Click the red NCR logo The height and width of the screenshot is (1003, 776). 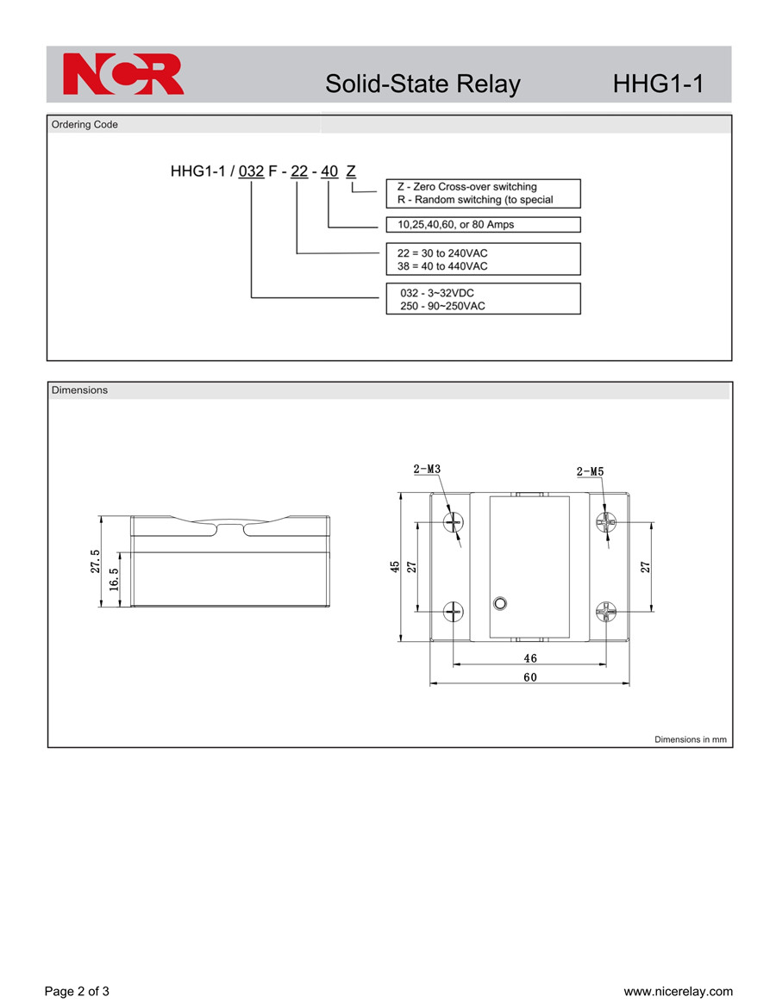123,73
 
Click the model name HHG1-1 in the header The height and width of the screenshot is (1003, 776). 658,84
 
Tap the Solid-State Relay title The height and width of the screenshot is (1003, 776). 422,84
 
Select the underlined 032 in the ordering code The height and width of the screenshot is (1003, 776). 251,171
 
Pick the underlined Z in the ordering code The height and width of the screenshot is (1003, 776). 351,171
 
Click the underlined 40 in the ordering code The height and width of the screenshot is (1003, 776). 329,171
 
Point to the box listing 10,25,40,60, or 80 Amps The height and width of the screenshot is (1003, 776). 484,225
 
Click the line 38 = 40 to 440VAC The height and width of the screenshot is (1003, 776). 442,266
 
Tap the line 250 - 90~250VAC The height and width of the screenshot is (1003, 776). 442,306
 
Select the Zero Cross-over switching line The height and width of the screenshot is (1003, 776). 466,187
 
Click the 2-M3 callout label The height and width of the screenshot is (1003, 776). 427,469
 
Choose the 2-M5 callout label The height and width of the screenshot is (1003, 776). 590,471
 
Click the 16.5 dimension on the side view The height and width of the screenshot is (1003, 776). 114,580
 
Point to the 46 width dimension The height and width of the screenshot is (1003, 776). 530,658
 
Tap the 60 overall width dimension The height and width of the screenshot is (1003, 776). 530,677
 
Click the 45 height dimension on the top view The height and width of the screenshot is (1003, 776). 395,567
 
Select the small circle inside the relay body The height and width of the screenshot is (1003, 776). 501,602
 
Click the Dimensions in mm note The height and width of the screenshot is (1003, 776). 690,739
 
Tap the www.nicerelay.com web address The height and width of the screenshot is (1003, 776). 678,992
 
